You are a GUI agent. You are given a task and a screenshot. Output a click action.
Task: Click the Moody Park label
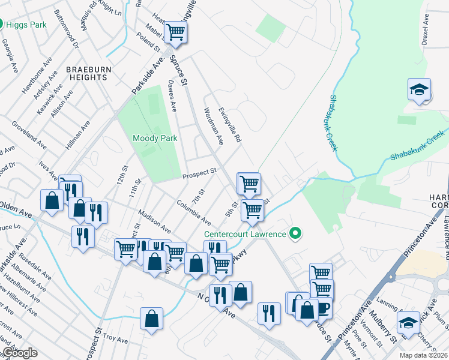[155, 138]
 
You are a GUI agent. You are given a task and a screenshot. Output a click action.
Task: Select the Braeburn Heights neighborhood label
[89, 73]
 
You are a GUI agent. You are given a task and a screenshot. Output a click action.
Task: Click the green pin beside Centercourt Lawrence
[295, 233]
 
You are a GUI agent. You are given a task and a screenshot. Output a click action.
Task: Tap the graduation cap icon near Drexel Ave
[419, 90]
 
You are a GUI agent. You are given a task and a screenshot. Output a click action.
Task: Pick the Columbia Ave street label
[194, 211]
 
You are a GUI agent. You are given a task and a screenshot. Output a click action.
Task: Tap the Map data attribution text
[423, 355]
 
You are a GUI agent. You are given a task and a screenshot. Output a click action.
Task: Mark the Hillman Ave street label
[77, 134]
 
